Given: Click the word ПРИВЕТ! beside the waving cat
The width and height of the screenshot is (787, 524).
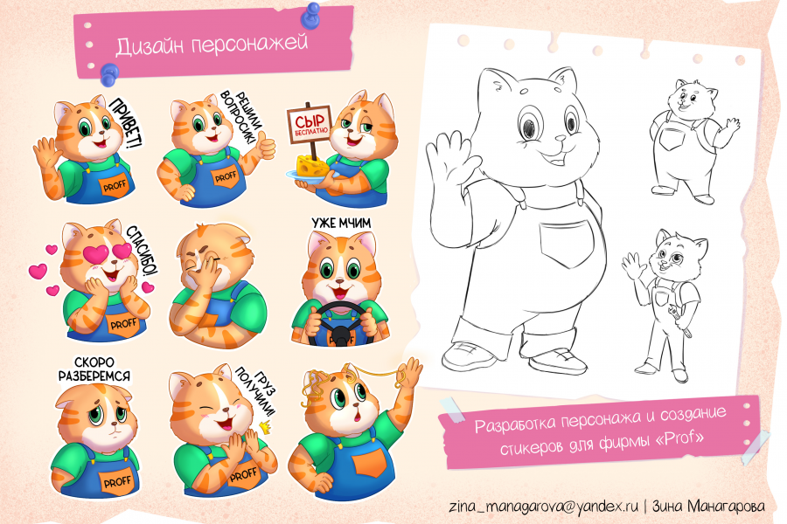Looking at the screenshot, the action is point(125,123).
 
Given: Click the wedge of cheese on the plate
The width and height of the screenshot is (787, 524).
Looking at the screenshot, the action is point(312,165).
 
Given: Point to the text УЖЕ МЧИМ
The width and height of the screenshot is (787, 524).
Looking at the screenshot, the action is point(341,224).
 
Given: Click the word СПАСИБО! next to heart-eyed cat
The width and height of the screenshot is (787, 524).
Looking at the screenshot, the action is point(142,251).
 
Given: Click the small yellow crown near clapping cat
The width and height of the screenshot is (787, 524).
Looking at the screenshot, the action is point(264,427).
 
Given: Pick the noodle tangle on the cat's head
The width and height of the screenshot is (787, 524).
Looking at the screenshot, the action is point(315,386).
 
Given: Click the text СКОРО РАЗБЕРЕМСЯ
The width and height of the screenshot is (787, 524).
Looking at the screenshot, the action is point(94,369).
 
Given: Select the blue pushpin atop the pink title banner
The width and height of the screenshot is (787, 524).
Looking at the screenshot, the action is point(310,16).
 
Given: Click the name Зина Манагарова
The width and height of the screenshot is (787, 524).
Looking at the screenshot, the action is point(708,506).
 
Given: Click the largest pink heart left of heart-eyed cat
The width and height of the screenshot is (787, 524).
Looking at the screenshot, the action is point(38,271).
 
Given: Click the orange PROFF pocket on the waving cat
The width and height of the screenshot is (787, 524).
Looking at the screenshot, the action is point(115,185).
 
